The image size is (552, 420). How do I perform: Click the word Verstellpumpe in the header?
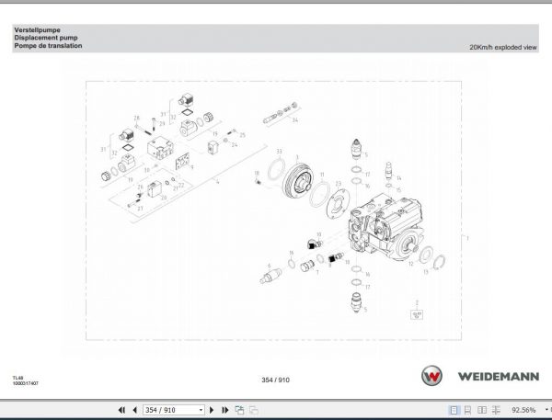coord(33,30)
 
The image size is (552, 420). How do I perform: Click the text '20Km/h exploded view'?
coord(502,46)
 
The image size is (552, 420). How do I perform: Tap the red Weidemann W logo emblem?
coord(431,378)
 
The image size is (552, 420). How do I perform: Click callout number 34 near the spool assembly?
coord(296,120)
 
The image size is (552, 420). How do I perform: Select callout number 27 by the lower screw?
coord(140,209)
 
